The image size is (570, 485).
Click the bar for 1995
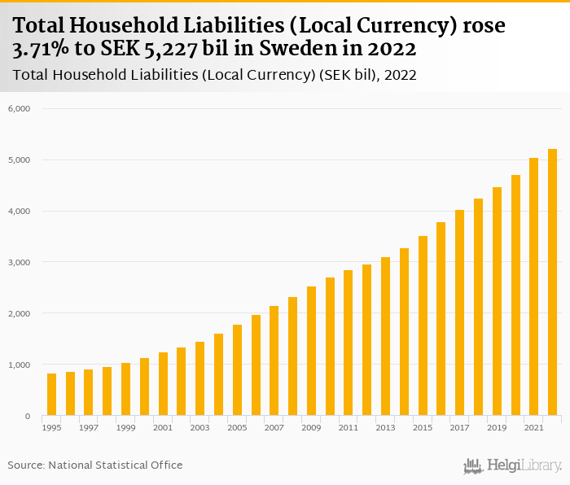52,395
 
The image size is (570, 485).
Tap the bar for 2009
311,351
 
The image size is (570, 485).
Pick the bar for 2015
423,326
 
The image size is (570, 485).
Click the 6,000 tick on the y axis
20,108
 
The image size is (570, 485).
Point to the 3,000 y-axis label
20,262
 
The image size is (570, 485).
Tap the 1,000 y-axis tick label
20,365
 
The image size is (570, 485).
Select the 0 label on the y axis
27,416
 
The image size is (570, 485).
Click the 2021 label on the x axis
533,428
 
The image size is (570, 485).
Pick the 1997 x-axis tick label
89,428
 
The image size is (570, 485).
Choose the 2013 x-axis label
385,428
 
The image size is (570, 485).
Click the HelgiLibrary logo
512,466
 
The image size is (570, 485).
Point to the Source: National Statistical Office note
95,465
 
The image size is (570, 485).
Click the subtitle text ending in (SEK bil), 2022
215,76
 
